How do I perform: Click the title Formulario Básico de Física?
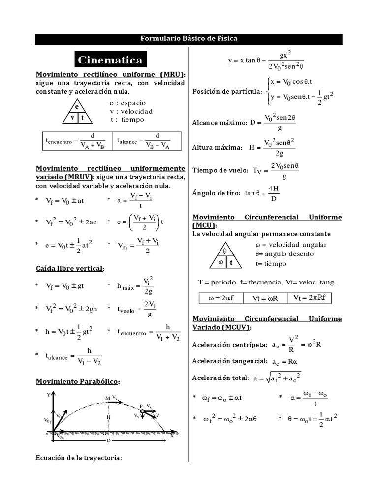189,39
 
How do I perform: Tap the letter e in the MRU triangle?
77,107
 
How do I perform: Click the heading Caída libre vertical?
70,268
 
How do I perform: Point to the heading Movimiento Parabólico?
78,381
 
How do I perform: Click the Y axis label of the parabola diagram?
48,395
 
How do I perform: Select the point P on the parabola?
141,406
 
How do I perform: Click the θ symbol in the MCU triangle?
225,251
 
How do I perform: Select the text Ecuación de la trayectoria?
79,458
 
